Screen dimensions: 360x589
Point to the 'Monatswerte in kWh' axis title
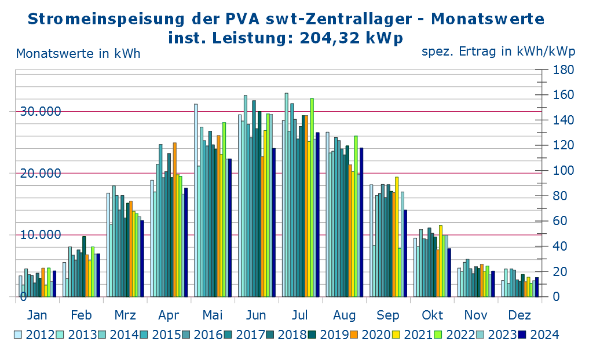click(78, 54)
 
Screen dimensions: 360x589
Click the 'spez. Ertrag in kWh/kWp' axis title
click(498, 52)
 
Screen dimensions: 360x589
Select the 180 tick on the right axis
click(564, 70)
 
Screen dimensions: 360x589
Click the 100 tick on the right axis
click(564, 171)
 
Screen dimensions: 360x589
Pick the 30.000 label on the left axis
click(41, 111)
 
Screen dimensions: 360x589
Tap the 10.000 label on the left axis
click(41, 234)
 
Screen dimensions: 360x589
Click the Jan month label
click(38, 315)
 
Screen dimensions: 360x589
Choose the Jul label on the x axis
click(300, 315)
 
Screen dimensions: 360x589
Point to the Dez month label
click(520, 315)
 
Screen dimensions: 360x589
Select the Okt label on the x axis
click(432, 315)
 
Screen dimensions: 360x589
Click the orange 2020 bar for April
click(174, 220)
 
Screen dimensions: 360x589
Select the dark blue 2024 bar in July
click(317, 215)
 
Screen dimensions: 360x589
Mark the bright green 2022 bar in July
click(312, 197)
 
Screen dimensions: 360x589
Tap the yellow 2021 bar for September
click(397, 237)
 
